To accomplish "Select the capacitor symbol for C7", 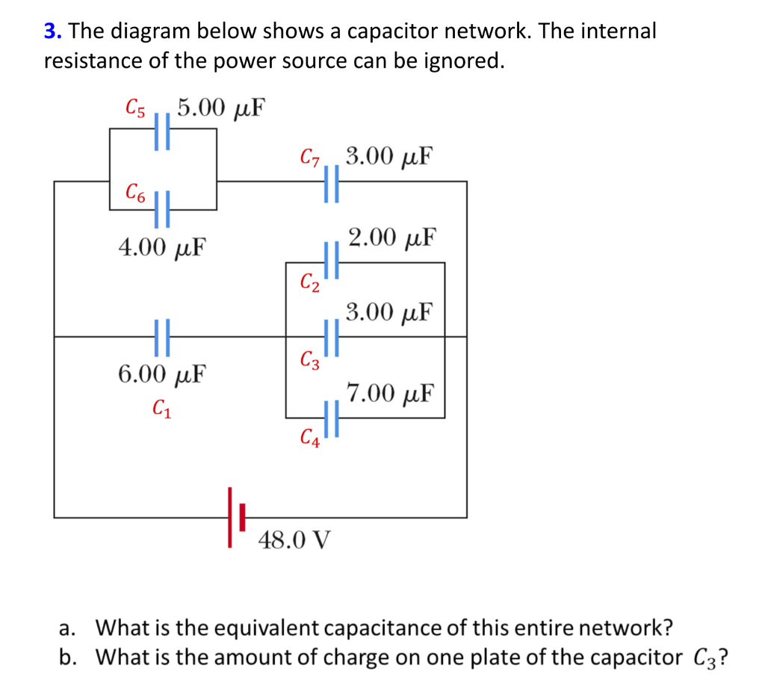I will coord(332,182).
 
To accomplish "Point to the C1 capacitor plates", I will coord(162,336).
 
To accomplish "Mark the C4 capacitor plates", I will coord(332,417).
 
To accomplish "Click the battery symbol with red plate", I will coord(236,517).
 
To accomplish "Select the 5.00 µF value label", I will coord(222,108).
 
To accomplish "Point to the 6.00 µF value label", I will coord(163,373).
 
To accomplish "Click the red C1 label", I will coord(161,409).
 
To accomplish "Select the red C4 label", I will coord(310,437).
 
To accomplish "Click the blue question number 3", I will coord(51,31).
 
